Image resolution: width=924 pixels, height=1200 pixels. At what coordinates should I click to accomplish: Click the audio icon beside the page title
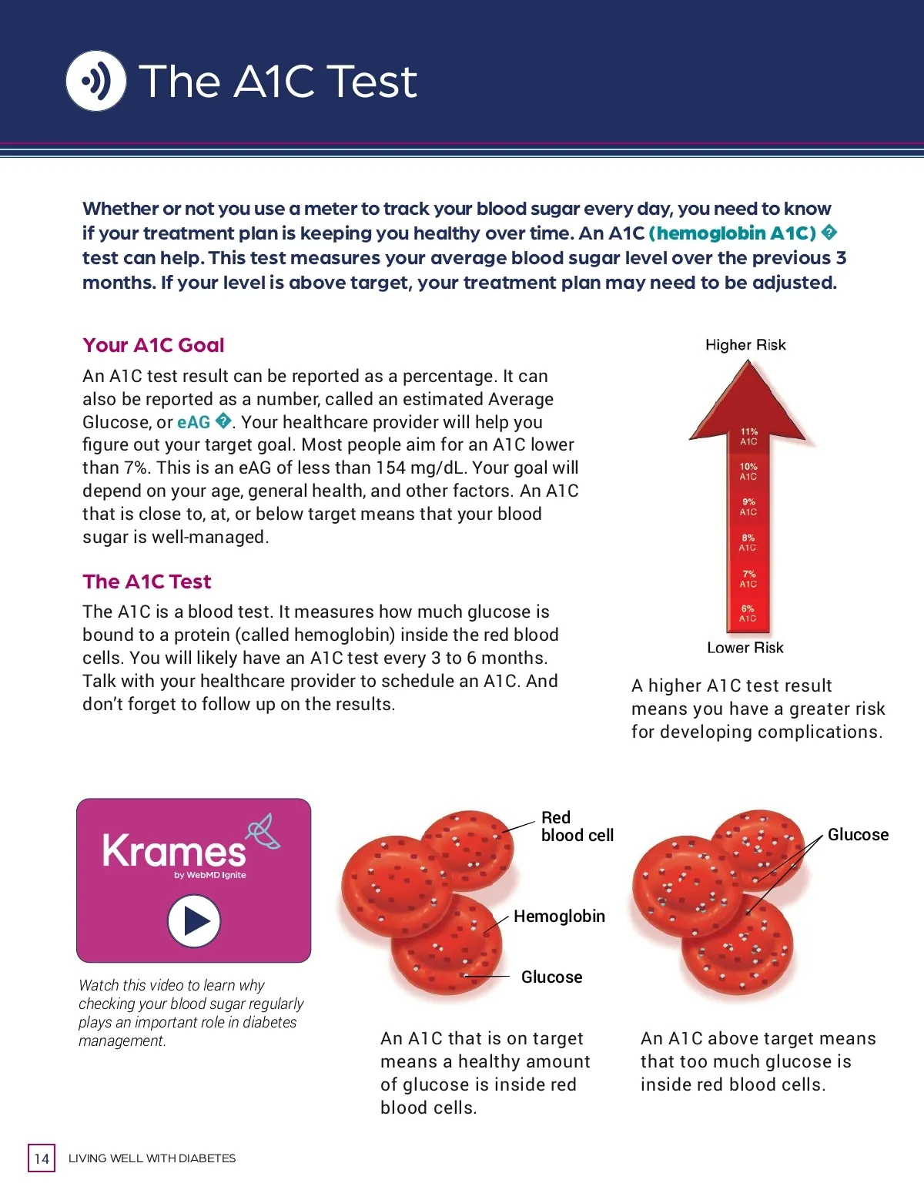point(96,80)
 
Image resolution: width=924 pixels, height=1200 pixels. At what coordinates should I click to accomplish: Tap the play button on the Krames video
point(194,920)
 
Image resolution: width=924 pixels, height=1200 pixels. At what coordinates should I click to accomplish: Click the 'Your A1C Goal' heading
point(153,345)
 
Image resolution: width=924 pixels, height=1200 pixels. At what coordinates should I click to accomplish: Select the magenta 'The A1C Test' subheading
point(146,582)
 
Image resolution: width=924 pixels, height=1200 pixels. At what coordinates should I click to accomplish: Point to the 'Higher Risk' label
point(745,345)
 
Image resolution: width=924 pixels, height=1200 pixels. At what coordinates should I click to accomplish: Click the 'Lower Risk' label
point(745,648)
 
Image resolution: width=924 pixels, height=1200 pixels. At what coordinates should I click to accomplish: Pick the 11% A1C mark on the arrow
point(748,437)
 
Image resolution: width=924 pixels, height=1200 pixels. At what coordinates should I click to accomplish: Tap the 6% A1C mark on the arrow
point(748,613)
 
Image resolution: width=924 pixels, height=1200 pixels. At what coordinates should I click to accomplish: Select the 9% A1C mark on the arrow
point(748,507)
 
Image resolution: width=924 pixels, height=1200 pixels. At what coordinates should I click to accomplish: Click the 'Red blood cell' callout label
point(577,826)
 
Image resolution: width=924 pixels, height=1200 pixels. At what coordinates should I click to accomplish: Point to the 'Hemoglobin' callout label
point(559,916)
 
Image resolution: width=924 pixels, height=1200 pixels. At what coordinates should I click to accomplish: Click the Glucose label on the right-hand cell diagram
point(858,835)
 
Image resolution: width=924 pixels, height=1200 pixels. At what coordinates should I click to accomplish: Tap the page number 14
point(42,1158)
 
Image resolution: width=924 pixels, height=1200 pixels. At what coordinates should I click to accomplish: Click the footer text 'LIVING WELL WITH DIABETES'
point(152,1158)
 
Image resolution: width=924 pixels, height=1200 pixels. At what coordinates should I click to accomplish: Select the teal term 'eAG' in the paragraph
point(193,422)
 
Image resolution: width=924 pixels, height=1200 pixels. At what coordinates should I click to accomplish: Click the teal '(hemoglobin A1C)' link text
point(732,233)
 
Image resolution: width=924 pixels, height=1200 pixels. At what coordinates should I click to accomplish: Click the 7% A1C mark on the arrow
point(748,578)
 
